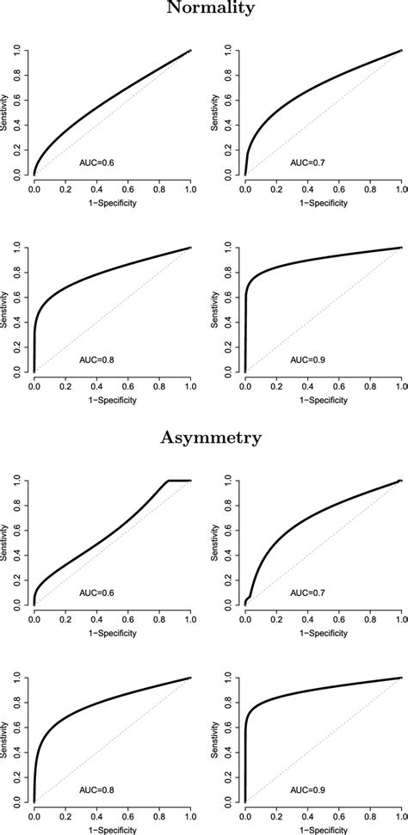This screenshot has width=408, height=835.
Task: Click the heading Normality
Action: pos(204,9)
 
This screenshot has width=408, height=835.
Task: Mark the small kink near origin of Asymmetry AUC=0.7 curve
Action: pos(250,599)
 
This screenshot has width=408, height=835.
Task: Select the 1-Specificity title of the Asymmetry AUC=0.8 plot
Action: pos(111,830)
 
